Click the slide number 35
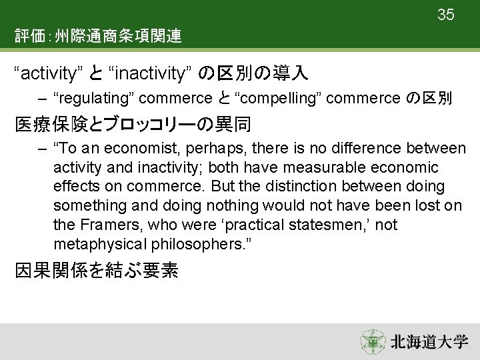[446, 14]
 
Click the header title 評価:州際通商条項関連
[99, 36]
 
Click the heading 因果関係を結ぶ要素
[97, 272]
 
